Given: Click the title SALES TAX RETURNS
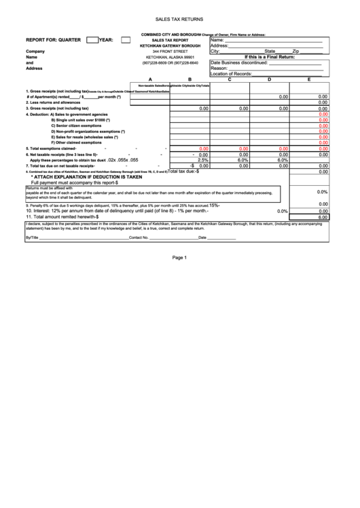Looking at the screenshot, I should click(x=179, y=21).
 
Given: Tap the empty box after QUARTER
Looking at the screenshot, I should click(x=92, y=40).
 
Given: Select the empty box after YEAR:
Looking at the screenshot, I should click(x=126, y=40).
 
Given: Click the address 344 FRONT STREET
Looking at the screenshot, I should click(x=170, y=52).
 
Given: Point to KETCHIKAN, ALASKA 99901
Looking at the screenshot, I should click(x=170, y=58).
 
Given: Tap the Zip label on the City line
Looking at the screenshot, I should click(x=295, y=52).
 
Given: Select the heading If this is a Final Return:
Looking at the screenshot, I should click(x=270, y=57).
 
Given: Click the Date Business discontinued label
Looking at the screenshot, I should click(x=239, y=62).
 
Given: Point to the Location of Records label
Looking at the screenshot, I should click(x=232, y=73).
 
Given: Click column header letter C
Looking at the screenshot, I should click(x=230, y=79).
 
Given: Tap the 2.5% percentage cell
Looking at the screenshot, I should click(x=203, y=160).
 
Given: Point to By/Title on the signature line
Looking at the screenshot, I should click(x=32, y=237).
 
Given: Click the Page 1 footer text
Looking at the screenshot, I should click(x=179, y=257).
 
